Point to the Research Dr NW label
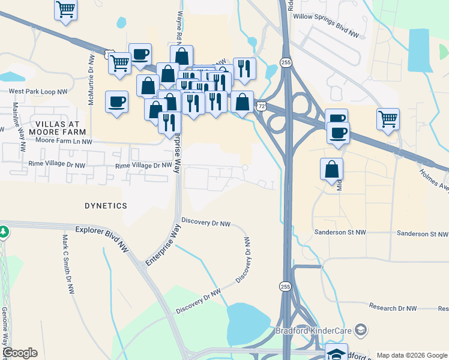pos(393,308)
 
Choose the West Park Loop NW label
pos(37,92)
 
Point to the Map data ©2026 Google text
pos(411,355)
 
